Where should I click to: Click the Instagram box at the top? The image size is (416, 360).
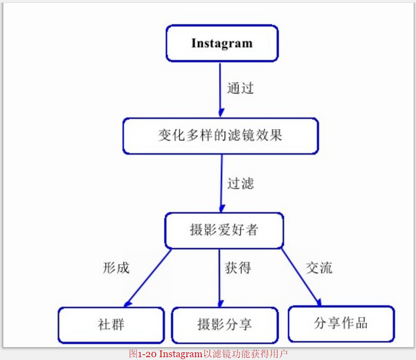click(221, 43)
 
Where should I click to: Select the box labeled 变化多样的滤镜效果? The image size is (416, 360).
click(220, 136)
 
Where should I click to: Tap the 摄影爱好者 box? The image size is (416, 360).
click(224, 231)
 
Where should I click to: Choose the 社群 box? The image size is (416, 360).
click(111, 325)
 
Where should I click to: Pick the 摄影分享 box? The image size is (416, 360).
click(224, 325)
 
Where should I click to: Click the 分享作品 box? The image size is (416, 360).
click(341, 323)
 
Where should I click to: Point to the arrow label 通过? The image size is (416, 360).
click(240, 88)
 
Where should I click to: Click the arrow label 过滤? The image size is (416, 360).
click(240, 183)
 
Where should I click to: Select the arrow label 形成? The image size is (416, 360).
click(116, 268)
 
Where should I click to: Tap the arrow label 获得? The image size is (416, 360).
click(238, 268)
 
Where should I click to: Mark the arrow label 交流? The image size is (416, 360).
click(319, 268)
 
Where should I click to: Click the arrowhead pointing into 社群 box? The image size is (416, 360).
click(127, 302)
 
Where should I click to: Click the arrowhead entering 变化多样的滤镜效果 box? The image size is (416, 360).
click(220, 113)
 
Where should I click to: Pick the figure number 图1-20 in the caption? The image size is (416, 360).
click(143, 354)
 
